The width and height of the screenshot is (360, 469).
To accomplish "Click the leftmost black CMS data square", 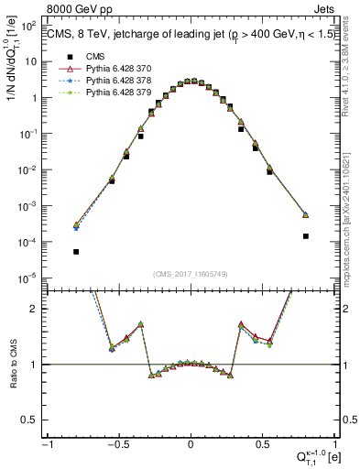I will pyautogui.click(x=76, y=251).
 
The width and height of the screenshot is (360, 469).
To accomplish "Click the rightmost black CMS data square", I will pyautogui.click(x=305, y=235).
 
